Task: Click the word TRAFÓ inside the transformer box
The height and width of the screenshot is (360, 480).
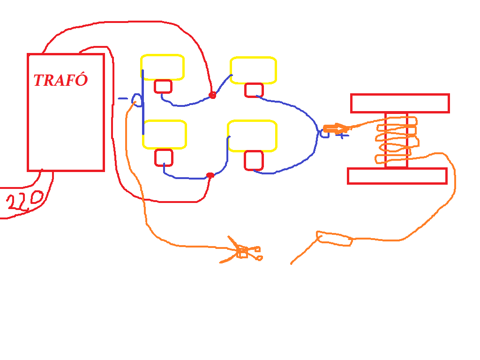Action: pyautogui.click(x=60, y=80)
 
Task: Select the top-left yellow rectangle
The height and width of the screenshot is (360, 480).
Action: pyautogui.click(x=162, y=67)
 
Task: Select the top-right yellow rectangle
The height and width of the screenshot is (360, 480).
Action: pyautogui.click(x=253, y=70)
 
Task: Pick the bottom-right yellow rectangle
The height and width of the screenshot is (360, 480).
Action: pyautogui.click(x=252, y=136)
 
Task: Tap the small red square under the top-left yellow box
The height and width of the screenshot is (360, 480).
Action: pyautogui.click(x=163, y=86)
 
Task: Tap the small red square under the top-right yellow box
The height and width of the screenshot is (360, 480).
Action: pyautogui.click(x=254, y=90)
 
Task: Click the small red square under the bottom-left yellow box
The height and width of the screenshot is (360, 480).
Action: pyautogui.click(x=164, y=157)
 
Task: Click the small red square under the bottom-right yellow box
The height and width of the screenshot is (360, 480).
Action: pyautogui.click(x=254, y=160)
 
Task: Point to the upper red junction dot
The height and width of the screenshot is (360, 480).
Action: pyautogui.click(x=212, y=95)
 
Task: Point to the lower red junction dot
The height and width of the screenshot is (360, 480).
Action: pyautogui.click(x=210, y=175)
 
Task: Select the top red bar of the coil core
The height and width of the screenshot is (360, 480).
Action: pyautogui.click(x=400, y=103)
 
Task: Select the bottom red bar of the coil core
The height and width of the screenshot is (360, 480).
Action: pyautogui.click(x=397, y=176)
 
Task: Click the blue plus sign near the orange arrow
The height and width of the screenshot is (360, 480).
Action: pyautogui.click(x=343, y=135)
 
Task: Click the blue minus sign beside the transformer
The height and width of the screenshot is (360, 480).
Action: pyautogui.click(x=122, y=98)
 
